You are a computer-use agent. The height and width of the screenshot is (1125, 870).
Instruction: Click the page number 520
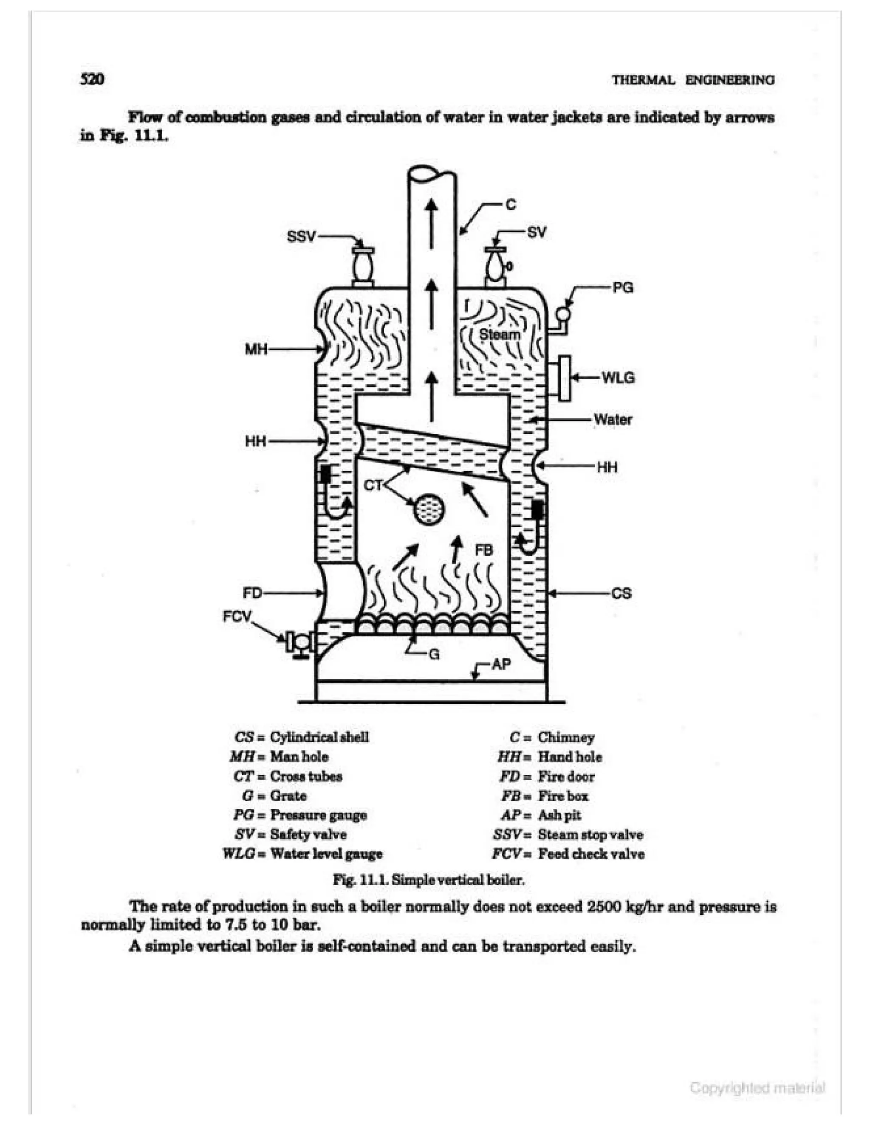coord(92,79)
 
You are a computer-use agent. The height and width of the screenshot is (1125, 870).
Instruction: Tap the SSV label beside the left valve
coord(301,237)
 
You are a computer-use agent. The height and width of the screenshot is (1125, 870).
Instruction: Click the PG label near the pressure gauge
coord(623,287)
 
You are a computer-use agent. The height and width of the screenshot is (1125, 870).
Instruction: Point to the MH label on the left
coord(256,350)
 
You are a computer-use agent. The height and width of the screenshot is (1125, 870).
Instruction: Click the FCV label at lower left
coord(237,616)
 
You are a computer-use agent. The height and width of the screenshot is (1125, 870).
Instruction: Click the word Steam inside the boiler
coord(500,334)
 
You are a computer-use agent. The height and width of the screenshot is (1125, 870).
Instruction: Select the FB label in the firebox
coord(483,550)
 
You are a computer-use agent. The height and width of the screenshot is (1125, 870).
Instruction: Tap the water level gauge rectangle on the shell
coord(565,377)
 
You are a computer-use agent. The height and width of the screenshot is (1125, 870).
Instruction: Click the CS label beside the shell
coord(621,593)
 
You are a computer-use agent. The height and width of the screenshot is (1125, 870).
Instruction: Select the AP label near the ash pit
coord(501,664)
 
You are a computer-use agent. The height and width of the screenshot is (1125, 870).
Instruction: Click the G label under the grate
coord(434,655)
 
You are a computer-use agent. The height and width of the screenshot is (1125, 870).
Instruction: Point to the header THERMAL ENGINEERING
coord(693,80)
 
